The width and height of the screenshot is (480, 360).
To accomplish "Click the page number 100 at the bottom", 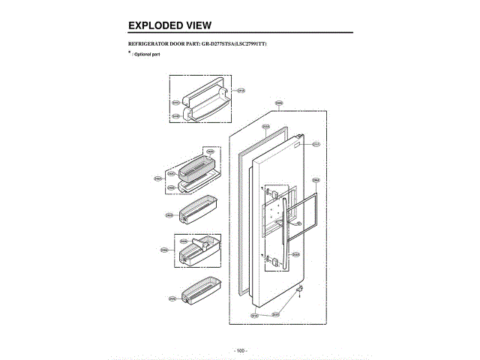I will pos(240,350).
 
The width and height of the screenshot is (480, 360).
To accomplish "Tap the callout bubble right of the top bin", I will pos(241,90).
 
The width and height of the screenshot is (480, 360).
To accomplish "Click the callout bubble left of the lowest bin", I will pos(172,298).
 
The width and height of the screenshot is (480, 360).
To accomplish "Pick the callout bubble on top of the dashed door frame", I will pos(278,103).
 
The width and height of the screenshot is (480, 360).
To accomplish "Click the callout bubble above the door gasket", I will pos(265,127).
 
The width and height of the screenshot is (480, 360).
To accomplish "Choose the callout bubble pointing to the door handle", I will pos(296,254).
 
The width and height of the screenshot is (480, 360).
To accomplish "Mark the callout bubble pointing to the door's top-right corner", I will pos(316,144).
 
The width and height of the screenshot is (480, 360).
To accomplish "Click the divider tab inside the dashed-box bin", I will pos(201,241).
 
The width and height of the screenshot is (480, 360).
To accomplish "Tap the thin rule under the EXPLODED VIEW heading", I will pos(240,34).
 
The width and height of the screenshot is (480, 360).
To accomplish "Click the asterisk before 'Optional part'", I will pos(129,54).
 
